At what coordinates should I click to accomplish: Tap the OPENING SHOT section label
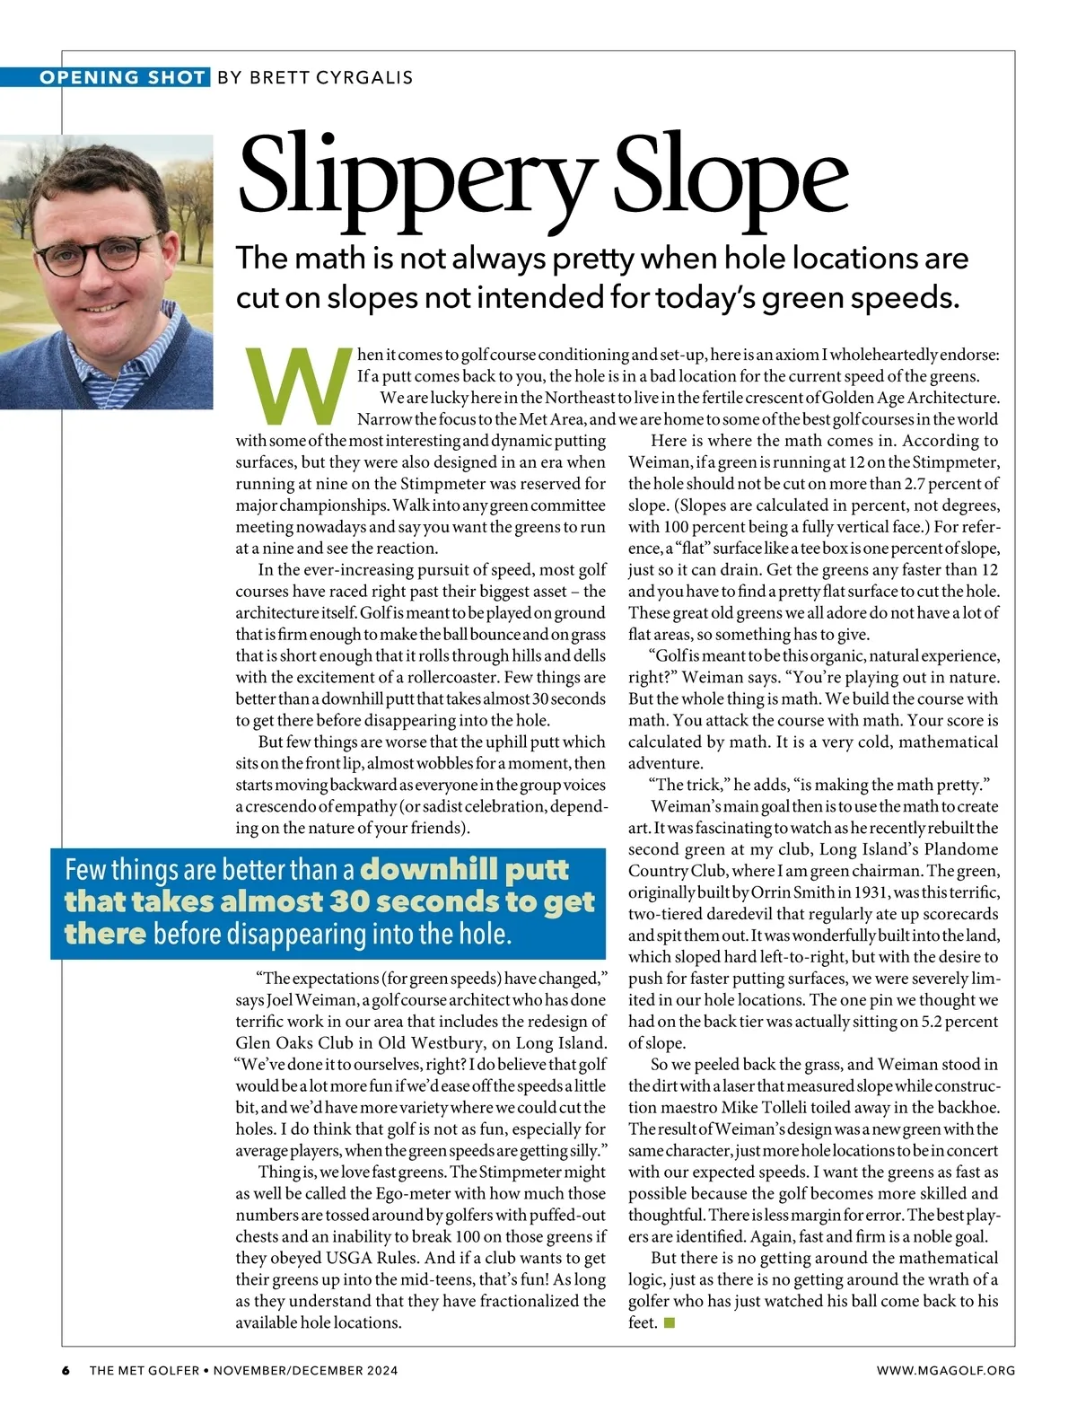(x=122, y=77)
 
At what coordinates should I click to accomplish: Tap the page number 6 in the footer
(x=66, y=1370)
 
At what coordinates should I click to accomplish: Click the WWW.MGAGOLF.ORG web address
(x=946, y=1370)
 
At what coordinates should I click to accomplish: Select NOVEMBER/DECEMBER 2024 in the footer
(x=306, y=1370)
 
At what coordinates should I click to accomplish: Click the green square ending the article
(x=669, y=1322)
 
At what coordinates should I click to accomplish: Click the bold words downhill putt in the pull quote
(x=465, y=869)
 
